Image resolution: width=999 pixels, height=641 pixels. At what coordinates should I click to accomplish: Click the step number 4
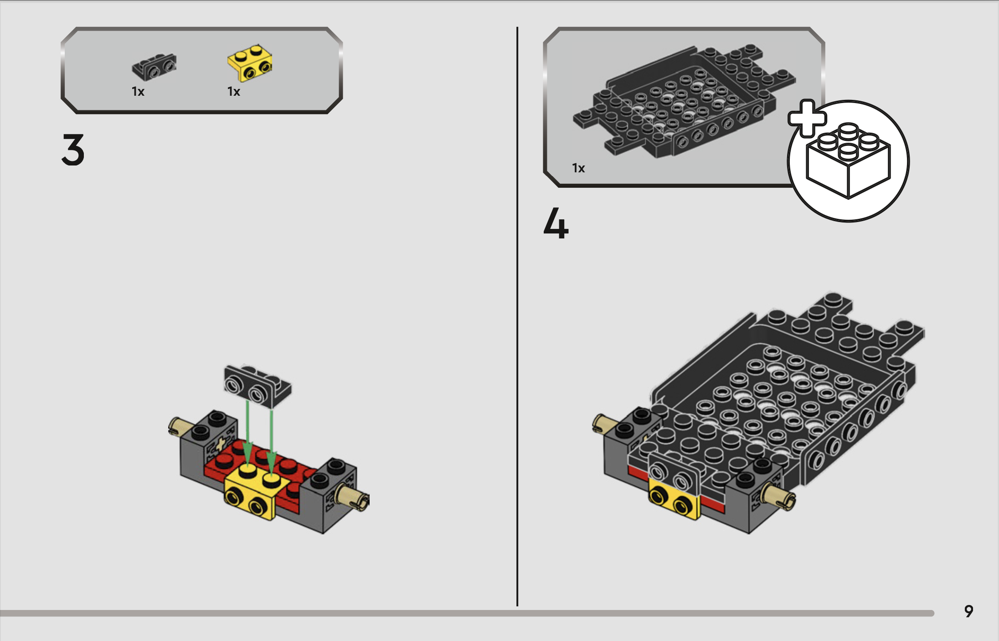[556, 223]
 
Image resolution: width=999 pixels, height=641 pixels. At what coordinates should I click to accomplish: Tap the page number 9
[969, 611]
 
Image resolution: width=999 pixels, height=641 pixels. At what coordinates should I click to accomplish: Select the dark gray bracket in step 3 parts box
[154, 67]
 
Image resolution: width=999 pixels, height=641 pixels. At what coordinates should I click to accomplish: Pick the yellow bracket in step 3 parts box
[250, 63]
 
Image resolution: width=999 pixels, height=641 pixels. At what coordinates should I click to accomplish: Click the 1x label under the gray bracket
[138, 92]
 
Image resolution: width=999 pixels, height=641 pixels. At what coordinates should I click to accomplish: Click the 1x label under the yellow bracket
[234, 92]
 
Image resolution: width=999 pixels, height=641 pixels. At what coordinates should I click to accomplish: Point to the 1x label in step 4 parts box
[578, 168]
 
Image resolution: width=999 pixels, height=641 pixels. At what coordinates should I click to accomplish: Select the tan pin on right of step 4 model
[779, 497]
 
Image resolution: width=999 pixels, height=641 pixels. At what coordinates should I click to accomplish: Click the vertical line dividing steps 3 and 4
[517, 316]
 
